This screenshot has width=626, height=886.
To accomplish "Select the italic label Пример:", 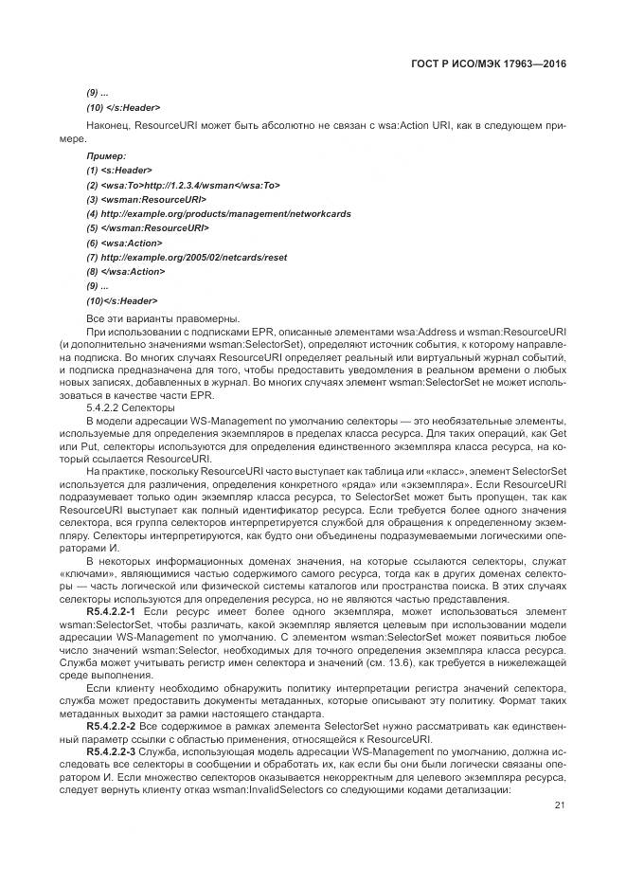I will click(x=106, y=155).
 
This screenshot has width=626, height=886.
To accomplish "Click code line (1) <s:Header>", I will click(x=119, y=170).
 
